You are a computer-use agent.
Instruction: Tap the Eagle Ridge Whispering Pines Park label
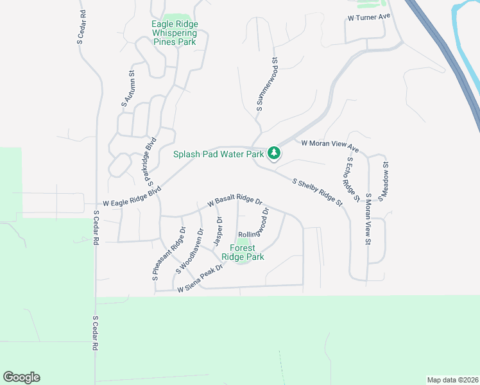pyautogui.click(x=175, y=33)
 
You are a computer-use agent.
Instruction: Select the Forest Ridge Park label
pyautogui.click(x=243, y=252)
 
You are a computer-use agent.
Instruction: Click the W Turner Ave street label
pyautogui.click(x=369, y=18)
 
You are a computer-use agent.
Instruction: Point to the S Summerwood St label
pyautogui.click(x=267, y=85)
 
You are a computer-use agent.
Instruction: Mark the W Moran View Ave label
pyautogui.click(x=329, y=147)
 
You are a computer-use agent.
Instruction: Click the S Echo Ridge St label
pyautogui.click(x=352, y=180)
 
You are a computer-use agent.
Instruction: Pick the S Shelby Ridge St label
pyautogui.click(x=317, y=192)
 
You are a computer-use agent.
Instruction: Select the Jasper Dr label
pyautogui.click(x=218, y=231)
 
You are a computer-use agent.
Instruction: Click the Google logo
pyautogui.click(x=21, y=377)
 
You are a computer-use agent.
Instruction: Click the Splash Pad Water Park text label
pyautogui.click(x=219, y=154)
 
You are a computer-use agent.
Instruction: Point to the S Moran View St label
pyautogui.click(x=368, y=219)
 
